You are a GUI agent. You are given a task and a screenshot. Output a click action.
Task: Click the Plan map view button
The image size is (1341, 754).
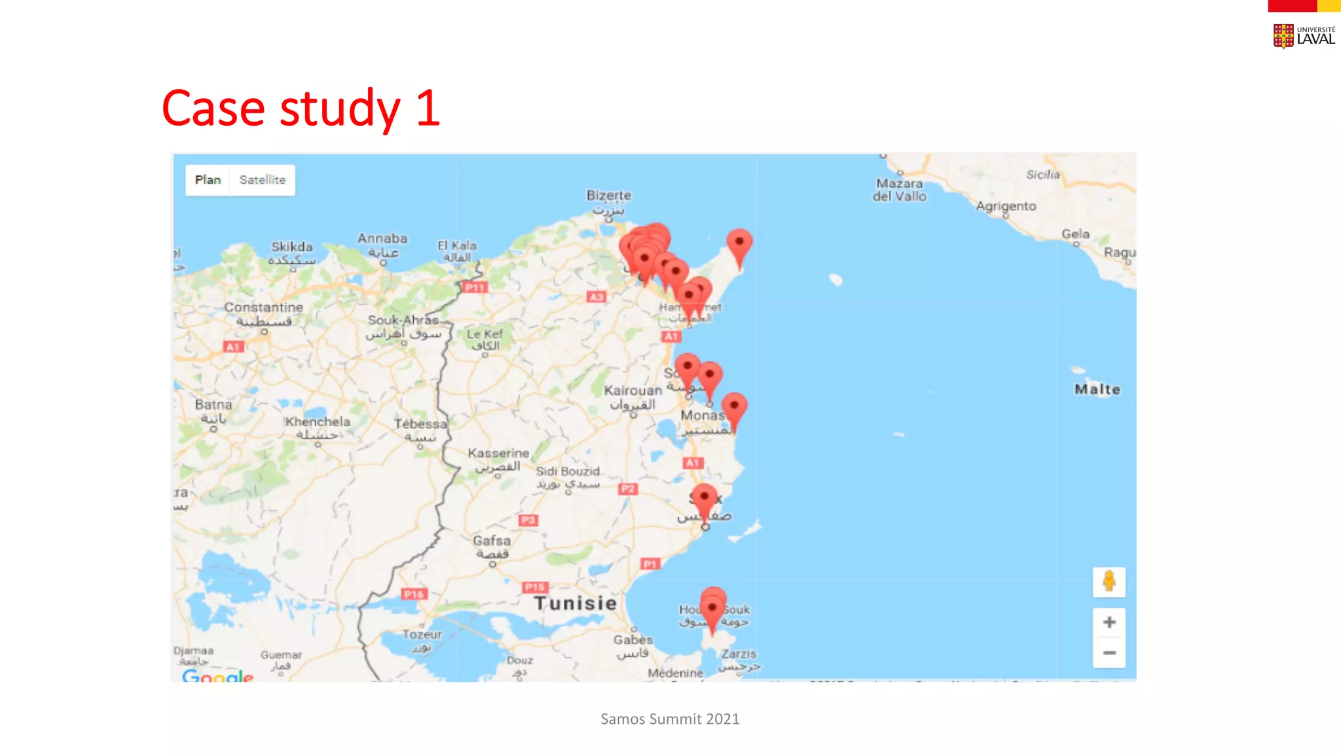(x=208, y=180)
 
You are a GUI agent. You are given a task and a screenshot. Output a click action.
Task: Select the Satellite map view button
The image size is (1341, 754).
(x=262, y=180)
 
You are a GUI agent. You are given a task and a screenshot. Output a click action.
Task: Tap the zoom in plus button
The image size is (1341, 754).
(x=1109, y=622)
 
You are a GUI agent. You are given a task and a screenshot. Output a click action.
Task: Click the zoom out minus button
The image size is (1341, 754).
(x=1109, y=653)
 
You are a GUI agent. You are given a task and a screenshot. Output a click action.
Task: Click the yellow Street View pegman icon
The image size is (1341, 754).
(x=1109, y=581)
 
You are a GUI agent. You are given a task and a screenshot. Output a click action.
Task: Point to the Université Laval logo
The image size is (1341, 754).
(x=1303, y=36)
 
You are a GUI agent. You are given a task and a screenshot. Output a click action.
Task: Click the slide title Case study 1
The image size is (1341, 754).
(x=301, y=108)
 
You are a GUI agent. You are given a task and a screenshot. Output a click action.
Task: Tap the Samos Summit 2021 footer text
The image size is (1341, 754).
(x=670, y=719)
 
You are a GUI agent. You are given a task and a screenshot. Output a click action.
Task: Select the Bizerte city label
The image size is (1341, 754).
(x=608, y=195)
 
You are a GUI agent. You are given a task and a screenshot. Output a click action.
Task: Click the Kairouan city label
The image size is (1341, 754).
(x=633, y=391)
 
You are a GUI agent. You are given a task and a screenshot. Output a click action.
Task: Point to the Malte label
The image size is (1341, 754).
(x=1097, y=389)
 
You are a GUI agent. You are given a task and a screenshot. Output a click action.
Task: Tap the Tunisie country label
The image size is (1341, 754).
(x=575, y=603)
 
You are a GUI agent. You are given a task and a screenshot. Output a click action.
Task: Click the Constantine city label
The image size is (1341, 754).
(x=263, y=307)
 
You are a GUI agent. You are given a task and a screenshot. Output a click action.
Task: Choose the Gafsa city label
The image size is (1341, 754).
(x=492, y=541)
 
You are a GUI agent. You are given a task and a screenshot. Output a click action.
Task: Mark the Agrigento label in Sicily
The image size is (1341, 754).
(x=1006, y=206)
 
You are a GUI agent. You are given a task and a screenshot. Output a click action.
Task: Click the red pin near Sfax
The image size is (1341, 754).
(x=705, y=499)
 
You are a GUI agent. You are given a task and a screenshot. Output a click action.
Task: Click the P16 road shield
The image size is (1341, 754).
(x=414, y=594)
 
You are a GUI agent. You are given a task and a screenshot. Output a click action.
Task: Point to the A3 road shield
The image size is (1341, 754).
(x=596, y=297)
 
